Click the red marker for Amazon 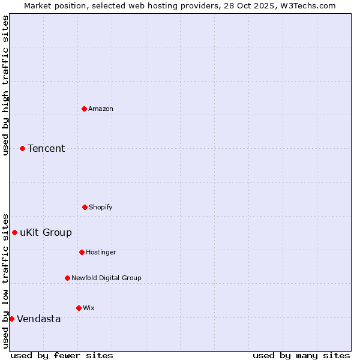click(84, 109)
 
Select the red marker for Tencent click(22, 148)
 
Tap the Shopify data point click(85, 207)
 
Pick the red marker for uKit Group click(14, 232)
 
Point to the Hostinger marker click(82, 252)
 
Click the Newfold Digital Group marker click(67, 278)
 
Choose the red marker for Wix click(79, 308)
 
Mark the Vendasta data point click(11, 319)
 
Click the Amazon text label click(101, 109)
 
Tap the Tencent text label click(46, 148)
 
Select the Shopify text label click(101, 207)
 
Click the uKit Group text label click(46, 232)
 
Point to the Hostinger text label click(101, 252)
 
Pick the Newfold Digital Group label click(106, 278)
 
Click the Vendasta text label click(39, 319)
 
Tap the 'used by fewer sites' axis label click(62, 355)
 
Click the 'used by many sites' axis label click(301, 355)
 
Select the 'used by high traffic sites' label click(5, 85)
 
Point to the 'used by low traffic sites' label click(5, 281)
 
